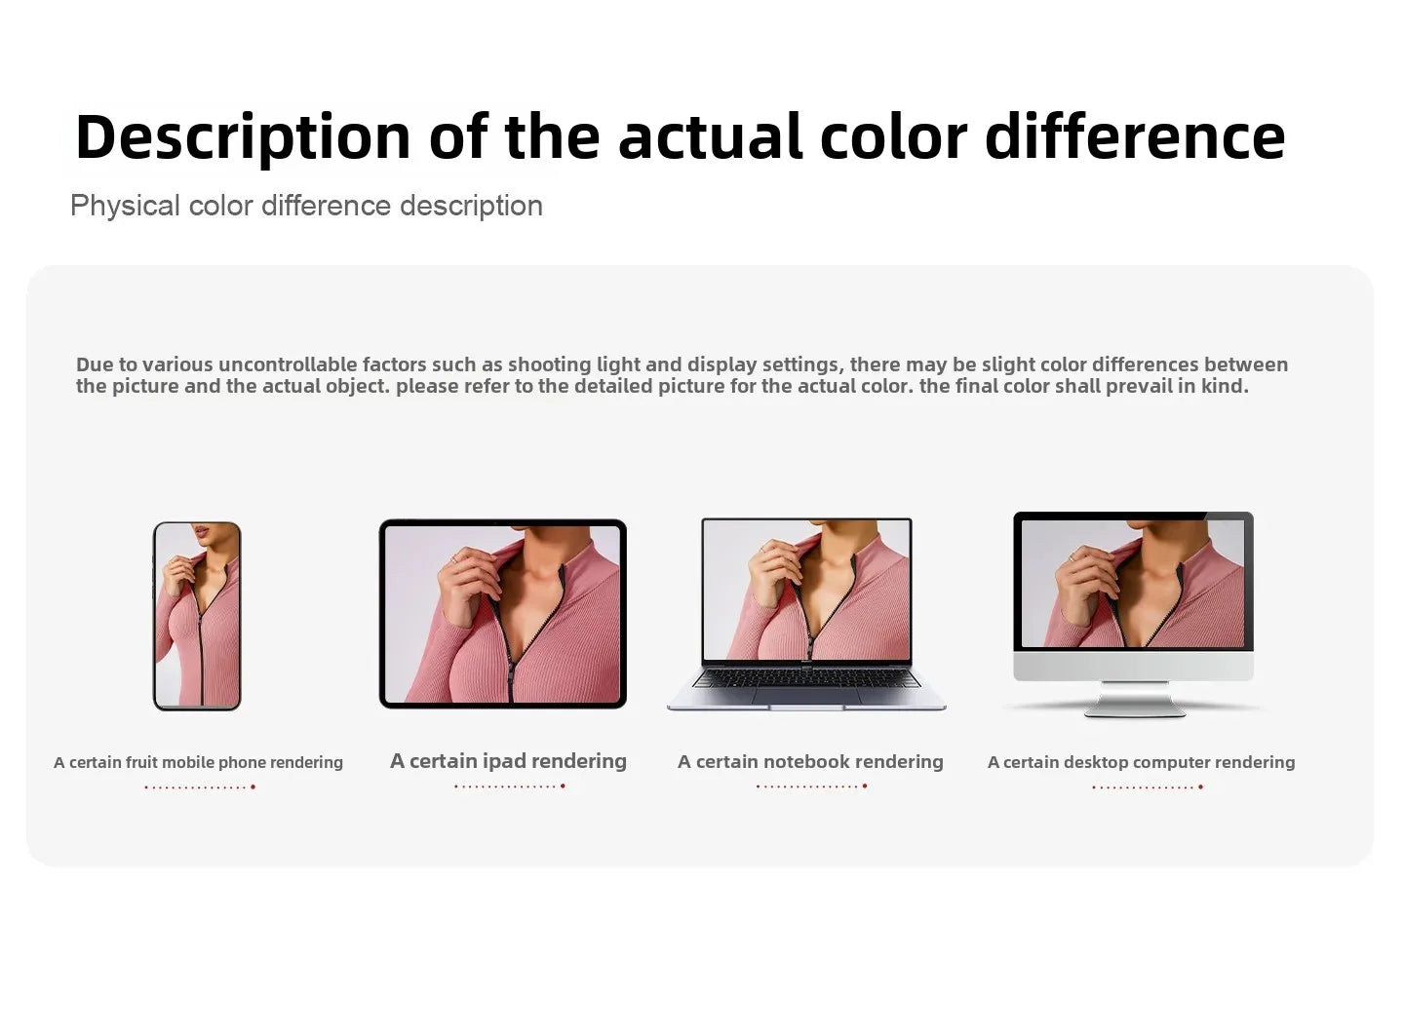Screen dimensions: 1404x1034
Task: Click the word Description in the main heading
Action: [x=243, y=137]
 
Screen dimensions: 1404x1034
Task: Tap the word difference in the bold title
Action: [x=1135, y=136]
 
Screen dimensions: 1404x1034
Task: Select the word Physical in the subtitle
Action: [x=126, y=207]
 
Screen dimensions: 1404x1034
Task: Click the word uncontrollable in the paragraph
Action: [x=288, y=364]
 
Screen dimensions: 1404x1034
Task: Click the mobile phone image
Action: [x=197, y=616]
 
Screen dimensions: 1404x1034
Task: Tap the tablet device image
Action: [x=503, y=614]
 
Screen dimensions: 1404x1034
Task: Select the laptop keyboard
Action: [x=806, y=677]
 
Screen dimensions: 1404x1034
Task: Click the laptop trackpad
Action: [x=806, y=696]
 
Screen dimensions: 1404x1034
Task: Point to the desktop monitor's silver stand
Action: [x=1135, y=700]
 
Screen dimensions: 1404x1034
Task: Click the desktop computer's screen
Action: [x=1133, y=584]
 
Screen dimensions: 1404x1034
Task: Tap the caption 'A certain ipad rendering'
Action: [x=508, y=761]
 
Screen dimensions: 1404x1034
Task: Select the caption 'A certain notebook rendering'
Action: [x=810, y=761]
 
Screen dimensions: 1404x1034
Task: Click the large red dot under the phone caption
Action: [x=253, y=787]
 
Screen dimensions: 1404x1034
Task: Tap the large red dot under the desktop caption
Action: [x=1201, y=787]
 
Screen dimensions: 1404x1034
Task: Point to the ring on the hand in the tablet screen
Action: [x=453, y=559]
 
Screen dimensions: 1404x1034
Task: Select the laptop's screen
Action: [x=806, y=590]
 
